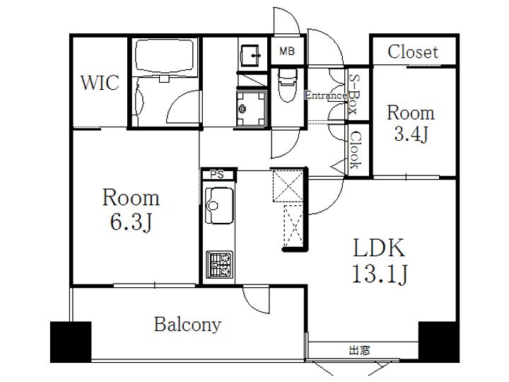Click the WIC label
[100, 83]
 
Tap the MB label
[287, 51]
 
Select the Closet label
[413, 52]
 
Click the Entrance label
[326, 95]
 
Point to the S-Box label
[354, 94]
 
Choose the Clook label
[354, 150]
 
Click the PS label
[217, 175]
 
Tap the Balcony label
[187, 325]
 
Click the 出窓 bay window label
[359, 350]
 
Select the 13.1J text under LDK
[380, 274]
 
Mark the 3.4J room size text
[411, 134]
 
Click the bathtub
[165, 56]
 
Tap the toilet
[287, 84]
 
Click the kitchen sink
[219, 205]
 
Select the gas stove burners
[220, 265]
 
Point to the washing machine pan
[251, 108]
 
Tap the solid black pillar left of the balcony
[71, 342]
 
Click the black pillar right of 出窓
[438, 342]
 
